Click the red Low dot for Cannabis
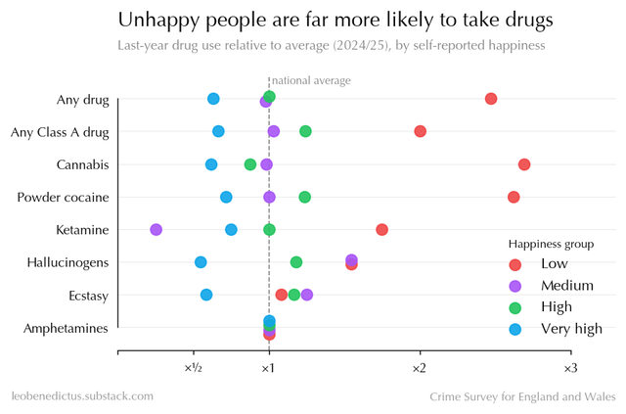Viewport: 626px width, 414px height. click(524, 164)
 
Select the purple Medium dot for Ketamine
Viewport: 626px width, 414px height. click(156, 229)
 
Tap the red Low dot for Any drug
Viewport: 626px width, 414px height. click(491, 99)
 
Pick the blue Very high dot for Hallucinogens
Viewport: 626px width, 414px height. click(201, 262)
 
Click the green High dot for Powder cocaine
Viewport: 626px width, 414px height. click(305, 197)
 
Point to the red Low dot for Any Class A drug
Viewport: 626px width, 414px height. click(421, 131)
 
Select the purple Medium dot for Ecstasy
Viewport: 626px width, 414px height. click(307, 295)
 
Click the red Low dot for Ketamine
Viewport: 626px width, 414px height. click(381, 229)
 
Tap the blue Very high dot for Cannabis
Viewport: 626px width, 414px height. click(211, 164)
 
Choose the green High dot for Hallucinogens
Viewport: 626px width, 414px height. click(296, 262)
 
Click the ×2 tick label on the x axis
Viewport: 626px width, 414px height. click(419, 368)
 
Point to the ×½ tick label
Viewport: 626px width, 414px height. click(193, 368)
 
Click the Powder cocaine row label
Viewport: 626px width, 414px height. click(63, 198)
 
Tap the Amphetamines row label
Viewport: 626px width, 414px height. click(66, 329)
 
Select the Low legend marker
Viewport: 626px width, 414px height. click(515, 264)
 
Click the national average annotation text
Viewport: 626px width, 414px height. click(311, 81)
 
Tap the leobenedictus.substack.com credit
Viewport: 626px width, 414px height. click(82, 396)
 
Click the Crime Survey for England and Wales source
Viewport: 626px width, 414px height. click(523, 396)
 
